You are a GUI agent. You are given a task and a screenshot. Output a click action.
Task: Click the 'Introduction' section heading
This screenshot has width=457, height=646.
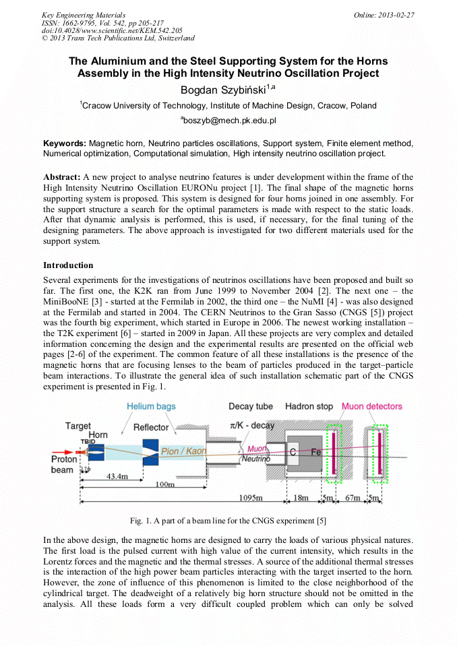(x=68, y=265)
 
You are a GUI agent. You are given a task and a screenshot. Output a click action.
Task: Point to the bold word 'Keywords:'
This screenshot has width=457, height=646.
(x=65, y=143)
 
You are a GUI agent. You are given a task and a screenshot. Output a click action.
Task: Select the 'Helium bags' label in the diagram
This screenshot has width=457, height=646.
(x=151, y=406)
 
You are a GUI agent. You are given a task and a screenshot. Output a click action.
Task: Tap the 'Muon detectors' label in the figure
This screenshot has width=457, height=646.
(x=371, y=406)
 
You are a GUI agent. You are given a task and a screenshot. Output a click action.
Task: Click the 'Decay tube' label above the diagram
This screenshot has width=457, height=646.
(x=251, y=406)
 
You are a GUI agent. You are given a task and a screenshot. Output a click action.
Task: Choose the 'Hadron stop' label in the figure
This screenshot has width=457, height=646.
(x=309, y=406)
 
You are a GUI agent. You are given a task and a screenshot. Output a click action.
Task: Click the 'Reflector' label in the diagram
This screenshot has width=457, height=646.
(x=151, y=427)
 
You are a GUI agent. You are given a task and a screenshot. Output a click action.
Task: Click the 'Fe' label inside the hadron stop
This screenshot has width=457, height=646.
(x=315, y=453)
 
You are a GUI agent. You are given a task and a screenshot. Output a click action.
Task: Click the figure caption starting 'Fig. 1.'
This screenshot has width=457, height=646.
(x=228, y=521)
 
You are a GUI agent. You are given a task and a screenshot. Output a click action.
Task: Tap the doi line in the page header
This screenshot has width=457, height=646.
(x=112, y=30)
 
